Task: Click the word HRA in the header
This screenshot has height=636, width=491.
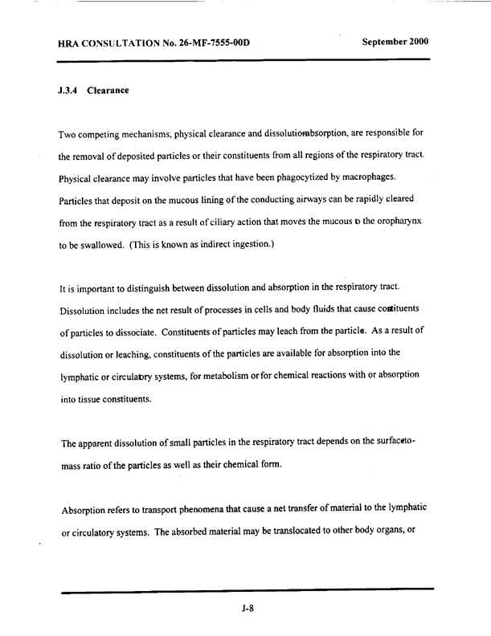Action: (72, 42)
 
